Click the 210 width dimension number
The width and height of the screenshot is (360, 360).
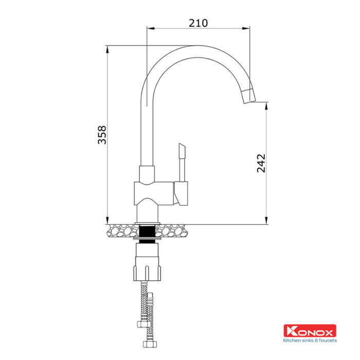198,23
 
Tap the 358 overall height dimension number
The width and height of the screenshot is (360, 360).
102,135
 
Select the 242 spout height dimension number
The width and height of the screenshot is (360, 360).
261,163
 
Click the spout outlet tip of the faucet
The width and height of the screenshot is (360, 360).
249,96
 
